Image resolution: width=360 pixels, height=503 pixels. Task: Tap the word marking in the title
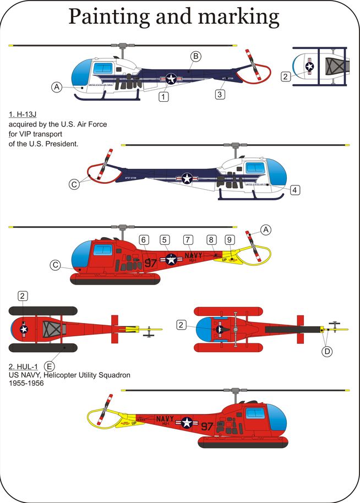241,18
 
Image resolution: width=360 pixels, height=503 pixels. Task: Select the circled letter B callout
195,56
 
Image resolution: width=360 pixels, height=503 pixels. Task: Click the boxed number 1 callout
163,97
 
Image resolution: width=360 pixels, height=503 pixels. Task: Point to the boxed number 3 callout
220,94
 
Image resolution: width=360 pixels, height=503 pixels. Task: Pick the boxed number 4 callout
296,190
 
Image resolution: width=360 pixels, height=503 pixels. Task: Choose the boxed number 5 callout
165,240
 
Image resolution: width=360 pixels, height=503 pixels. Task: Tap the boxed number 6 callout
144,240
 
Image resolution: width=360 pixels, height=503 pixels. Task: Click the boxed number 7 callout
188,240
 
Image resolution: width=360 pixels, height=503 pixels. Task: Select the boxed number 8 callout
211,240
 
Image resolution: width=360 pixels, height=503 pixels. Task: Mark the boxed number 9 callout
230,240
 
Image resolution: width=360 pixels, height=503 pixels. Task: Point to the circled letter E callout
50,365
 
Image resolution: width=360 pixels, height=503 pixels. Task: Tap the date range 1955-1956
26,384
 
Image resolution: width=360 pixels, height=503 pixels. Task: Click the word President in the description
63,144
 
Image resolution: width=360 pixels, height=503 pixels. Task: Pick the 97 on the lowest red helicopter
207,427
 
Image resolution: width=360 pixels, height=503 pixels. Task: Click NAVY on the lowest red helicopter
165,419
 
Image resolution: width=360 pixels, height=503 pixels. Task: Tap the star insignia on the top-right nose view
309,67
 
